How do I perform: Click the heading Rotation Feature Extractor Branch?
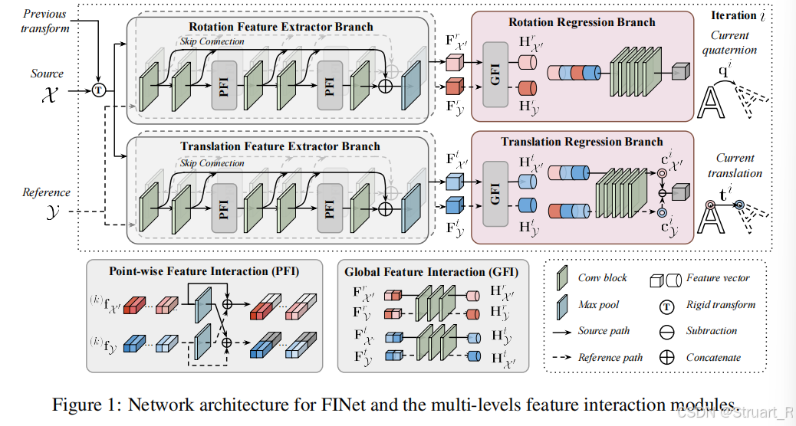tap(276, 27)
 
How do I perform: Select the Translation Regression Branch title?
tap(581, 142)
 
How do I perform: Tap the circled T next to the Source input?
tap(98, 90)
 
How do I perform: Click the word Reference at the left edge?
tap(46, 192)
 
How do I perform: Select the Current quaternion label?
tap(734, 43)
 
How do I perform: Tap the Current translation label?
tap(734, 166)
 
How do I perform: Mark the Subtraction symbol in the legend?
tap(667, 331)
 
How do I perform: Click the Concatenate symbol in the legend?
tap(667, 357)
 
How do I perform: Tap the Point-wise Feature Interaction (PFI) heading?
tap(204, 271)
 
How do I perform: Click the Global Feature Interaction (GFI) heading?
tap(431, 271)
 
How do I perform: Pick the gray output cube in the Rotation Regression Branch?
tap(679, 73)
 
